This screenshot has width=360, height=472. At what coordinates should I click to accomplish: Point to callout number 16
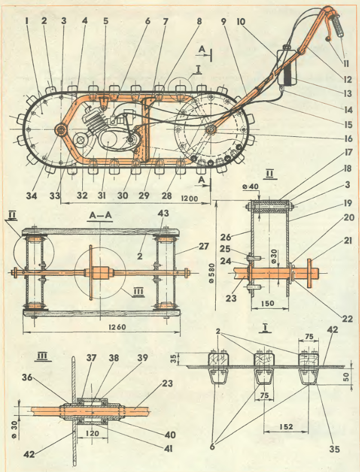point(348,138)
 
